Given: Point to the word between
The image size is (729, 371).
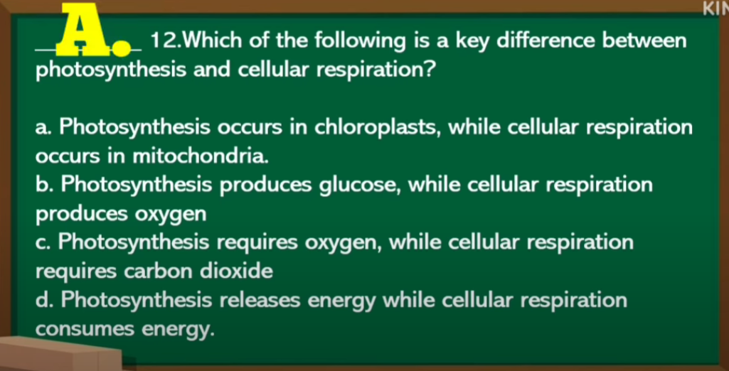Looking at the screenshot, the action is (644, 41).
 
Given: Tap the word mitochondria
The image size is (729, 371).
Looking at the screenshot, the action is (201, 156).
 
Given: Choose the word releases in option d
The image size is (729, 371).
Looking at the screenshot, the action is (260, 301).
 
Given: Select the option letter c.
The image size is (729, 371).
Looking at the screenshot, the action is (44, 244).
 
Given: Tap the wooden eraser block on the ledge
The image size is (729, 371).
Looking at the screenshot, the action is (60, 354).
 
